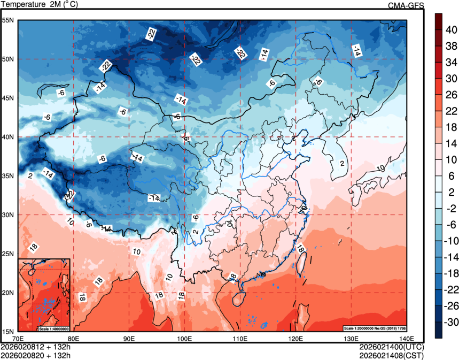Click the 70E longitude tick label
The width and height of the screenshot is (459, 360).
pos(18,339)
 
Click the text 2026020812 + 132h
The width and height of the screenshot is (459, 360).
pos(36,347)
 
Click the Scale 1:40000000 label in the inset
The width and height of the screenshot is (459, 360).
pos(54,328)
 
